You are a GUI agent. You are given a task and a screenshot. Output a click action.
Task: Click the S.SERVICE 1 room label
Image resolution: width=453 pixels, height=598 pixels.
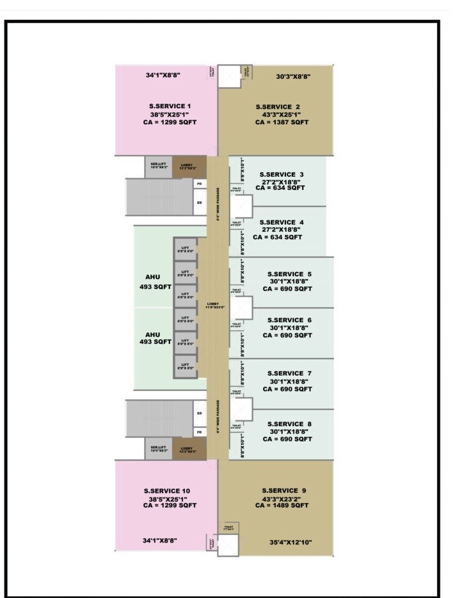pyautogui.click(x=166, y=106)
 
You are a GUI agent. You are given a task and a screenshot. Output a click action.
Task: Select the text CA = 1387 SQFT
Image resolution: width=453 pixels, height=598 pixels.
pyautogui.click(x=282, y=122)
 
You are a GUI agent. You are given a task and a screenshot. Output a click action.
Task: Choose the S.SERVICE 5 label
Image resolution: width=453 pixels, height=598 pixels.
pyautogui.click(x=290, y=274)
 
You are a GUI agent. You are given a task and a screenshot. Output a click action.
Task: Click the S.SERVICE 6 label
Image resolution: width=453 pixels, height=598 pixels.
pyautogui.click(x=290, y=320)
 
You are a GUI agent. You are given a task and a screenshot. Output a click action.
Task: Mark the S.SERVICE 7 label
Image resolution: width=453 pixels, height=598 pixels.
pyautogui.click(x=290, y=373)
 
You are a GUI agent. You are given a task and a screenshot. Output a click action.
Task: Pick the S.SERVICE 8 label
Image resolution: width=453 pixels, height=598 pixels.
pyautogui.click(x=290, y=424)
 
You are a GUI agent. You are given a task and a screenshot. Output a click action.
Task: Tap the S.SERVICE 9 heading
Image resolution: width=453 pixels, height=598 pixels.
pyautogui.click(x=284, y=490)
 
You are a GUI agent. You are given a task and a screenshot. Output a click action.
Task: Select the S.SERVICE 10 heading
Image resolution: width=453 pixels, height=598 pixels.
pyautogui.click(x=166, y=490)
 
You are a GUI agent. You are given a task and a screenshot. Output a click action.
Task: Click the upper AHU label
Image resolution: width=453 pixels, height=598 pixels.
pyautogui.click(x=153, y=277)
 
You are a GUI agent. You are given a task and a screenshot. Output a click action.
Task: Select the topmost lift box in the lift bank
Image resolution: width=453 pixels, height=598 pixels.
pyautogui.click(x=185, y=250)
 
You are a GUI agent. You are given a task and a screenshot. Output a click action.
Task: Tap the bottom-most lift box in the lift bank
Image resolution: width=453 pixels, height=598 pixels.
pyautogui.click(x=185, y=364)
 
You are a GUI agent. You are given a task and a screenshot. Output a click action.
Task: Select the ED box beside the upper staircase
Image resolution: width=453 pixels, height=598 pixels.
pyautogui.click(x=200, y=203)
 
